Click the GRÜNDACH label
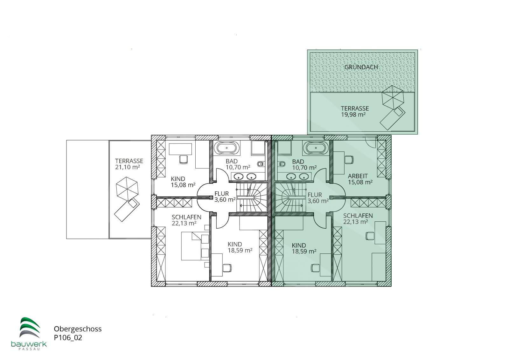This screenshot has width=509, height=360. coord(361,67)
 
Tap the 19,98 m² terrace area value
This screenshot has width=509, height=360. coord(353,115)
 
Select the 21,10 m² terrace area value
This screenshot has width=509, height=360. coord(127,167)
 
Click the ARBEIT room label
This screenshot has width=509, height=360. coord(358,176)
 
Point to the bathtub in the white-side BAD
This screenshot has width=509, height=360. coord(227,148)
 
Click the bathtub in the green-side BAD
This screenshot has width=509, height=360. coord(316,148)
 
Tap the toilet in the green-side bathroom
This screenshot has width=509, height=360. coord(282,163)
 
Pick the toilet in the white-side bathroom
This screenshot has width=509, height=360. coord(261,163)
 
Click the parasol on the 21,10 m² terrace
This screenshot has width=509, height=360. coord(127,188)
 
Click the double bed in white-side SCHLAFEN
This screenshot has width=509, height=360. coord(195,246)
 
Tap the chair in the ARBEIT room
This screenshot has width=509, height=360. coord(349,159)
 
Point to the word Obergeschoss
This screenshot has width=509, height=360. coord(78,329)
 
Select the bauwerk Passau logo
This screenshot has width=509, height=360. coord(29,333)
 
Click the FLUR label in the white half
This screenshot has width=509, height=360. coord(221,194)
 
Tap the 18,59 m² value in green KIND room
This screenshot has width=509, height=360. coord(304,252)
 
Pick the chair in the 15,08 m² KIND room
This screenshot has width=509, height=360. coord(184,159)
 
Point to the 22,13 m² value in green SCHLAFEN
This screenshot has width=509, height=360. coord(355,222)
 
